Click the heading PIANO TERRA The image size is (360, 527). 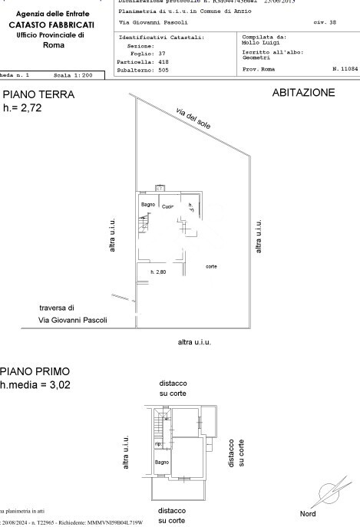38,95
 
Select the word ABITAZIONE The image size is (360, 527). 303,93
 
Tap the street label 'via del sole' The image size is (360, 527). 193,117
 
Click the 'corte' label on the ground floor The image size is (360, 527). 211,266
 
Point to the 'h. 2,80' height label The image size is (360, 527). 158,272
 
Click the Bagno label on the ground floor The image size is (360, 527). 148,204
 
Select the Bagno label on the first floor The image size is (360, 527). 161,463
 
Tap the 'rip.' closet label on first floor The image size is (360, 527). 158,444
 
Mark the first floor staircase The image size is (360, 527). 160,421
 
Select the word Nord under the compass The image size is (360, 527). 308,513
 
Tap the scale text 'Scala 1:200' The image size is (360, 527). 74,76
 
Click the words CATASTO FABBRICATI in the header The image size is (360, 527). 51,25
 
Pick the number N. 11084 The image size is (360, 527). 340,69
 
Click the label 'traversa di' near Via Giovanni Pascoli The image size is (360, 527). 57,307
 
